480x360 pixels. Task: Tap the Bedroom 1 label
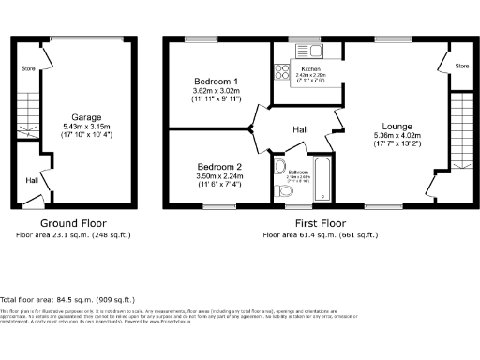[203, 81]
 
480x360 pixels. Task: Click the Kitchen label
[311, 69]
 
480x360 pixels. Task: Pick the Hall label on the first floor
[300, 129]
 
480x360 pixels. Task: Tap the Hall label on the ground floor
[31, 180]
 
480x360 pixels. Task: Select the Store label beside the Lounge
[461, 67]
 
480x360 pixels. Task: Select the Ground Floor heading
[71, 223]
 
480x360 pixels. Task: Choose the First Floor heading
[321, 223]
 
